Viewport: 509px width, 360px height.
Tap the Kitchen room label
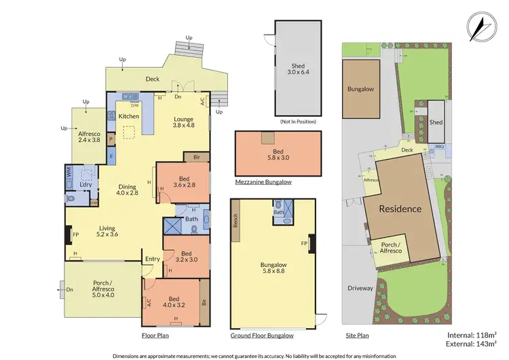pos(129,116)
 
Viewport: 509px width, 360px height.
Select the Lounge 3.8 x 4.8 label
pos(183,122)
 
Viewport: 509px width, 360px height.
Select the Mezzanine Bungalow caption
pos(263,182)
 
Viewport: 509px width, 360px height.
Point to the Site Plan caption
pos(358,336)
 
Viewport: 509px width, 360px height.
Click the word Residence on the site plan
pos(400,209)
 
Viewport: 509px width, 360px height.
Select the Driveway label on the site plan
pos(360,288)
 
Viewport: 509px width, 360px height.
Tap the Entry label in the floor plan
pos(152,259)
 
